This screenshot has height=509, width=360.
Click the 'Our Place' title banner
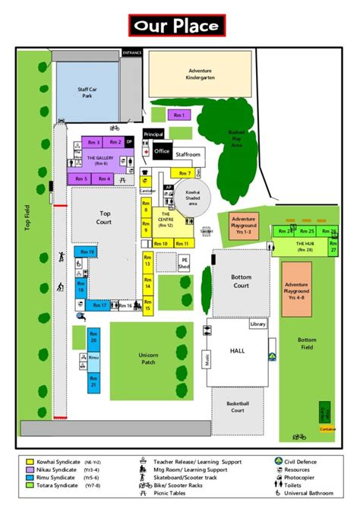[x=176, y=25]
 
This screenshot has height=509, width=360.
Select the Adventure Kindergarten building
[x=200, y=74]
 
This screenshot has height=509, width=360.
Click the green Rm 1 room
[x=179, y=115]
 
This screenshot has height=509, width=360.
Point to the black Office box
[x=162, y=151]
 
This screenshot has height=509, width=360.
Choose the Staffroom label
[x=188, y=154]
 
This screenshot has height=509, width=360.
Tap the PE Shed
[x=184, y=264]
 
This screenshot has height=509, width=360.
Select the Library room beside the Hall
[x=258, y=324]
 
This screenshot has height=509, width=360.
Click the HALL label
[x=238, y=351]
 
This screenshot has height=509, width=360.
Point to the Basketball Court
[x=238, y=407]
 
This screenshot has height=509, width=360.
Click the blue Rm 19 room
[x=85, y=251]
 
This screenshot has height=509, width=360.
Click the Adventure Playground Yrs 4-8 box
[x=296, y=289]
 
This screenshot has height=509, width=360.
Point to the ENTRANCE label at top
[x=132, y=52]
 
